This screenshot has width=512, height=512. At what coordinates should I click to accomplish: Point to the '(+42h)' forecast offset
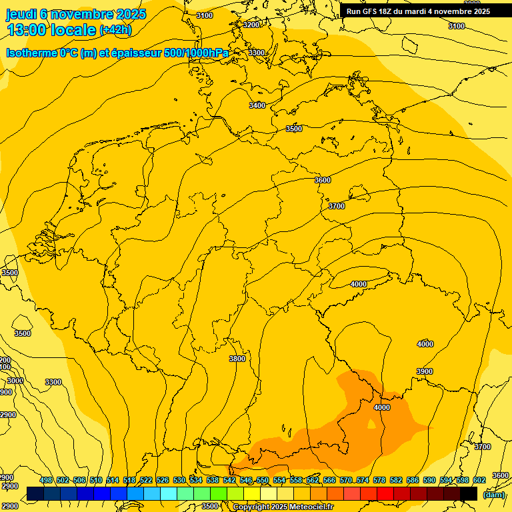(115, 30)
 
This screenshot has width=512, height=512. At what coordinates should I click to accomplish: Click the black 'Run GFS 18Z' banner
(418, 11)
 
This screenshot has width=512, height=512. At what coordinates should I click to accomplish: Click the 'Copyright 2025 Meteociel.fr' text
(283, 507)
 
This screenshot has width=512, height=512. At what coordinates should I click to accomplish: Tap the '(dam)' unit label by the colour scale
(493, 495)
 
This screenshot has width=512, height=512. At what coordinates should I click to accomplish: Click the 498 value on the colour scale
(46, 481)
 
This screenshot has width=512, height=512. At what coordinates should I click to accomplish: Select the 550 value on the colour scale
(263, 481)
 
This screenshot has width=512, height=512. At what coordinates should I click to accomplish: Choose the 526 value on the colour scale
(163, 481)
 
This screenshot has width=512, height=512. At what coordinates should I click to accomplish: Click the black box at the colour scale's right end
(469, 493)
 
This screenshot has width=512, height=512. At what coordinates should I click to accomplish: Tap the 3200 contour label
(251, 25)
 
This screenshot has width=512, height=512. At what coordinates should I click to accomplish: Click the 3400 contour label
(257, 105)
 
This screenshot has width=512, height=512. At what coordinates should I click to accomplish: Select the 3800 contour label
(237, 359)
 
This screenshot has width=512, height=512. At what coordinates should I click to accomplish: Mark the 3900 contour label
(425, 371)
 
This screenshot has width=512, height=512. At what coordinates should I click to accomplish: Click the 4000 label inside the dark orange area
(382, 407)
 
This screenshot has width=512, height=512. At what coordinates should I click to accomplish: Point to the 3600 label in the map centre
(323, 180)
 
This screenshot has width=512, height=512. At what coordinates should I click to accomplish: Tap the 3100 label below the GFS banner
(457, 26)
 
